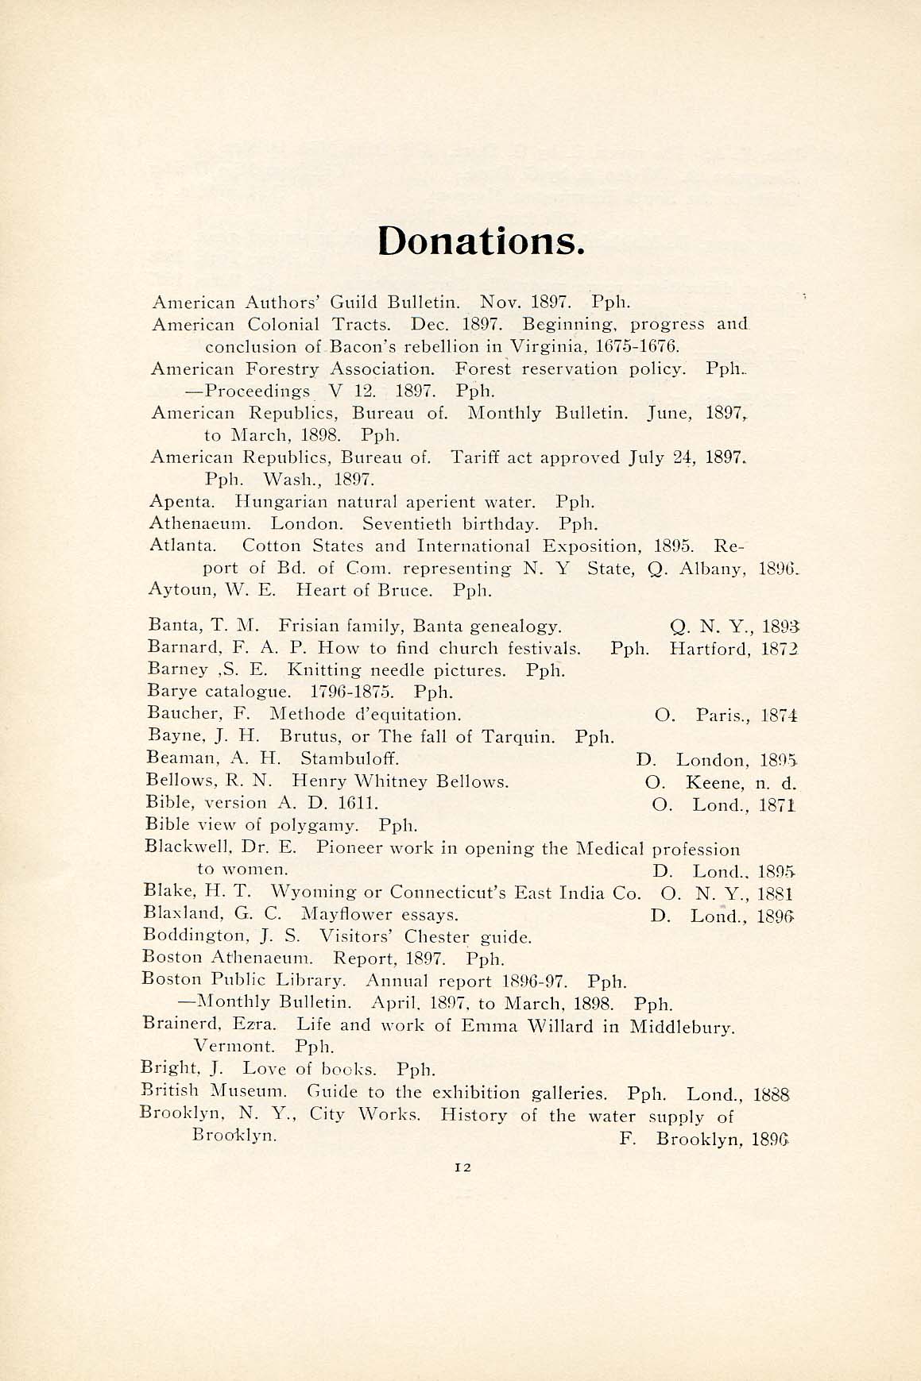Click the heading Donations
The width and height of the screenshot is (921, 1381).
(x=481, y=240)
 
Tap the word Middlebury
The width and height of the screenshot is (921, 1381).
(x=681, y=1027)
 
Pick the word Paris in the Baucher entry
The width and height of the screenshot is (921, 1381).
(x=719, y=716)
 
